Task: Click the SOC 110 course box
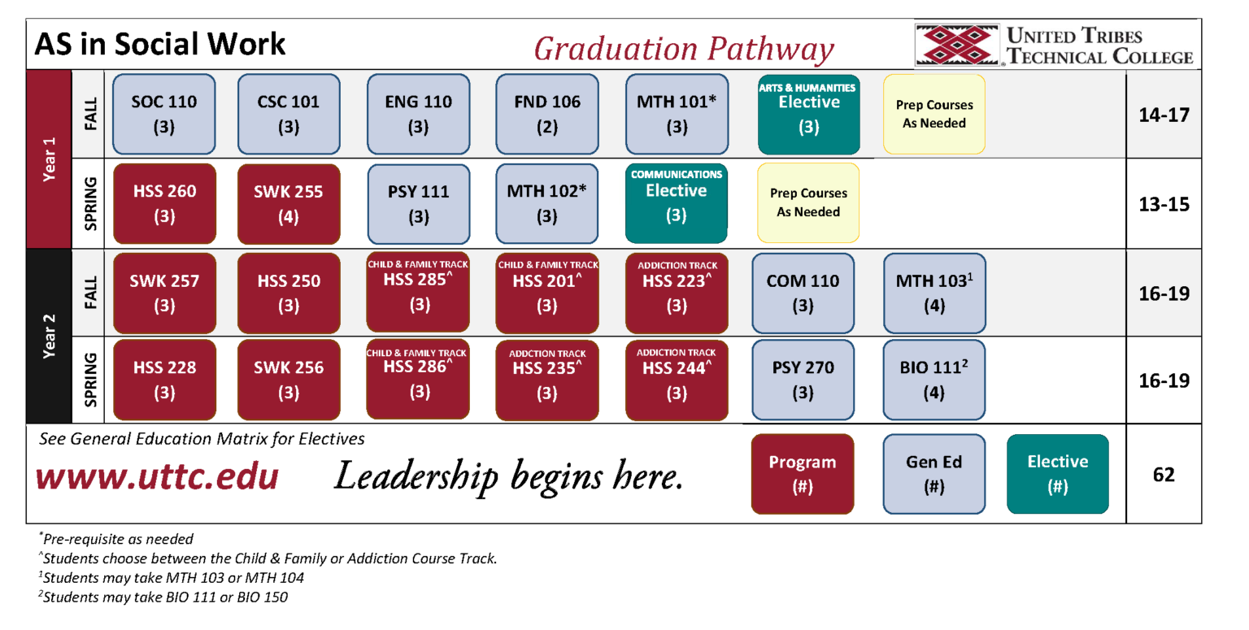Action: tap(164, 114)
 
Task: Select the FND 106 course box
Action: tap(547, 114)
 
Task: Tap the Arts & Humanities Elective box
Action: tap(808, 114)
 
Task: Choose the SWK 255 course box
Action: tap(289, 203)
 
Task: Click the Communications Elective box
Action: tap(676, 203)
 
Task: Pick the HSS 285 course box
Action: tap(419, 293)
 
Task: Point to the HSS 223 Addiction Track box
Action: tap(676, 293)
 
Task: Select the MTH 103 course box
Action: tap(934, 293)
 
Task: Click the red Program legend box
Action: tap(803, 474)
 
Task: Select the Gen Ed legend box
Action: tap(934, 474)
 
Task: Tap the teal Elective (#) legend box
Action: tap(1057, 474)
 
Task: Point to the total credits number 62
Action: tap(1164, 475)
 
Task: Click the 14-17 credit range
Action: tap(1164, 115)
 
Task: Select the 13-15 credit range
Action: tap(1164, 203)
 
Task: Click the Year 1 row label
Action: tap(49, 159)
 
